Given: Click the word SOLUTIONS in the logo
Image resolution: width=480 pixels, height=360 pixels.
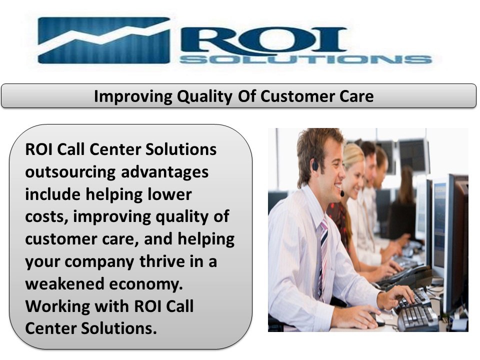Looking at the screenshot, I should [x=305, y=59].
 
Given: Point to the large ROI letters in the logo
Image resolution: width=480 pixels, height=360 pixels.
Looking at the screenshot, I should [x=265, y=38].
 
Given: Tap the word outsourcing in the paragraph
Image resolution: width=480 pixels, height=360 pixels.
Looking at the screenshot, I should [x=68, y=172].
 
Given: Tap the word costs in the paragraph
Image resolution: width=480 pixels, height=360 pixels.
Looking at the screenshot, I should [x=43, y=217].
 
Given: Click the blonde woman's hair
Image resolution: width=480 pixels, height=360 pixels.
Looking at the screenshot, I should [x=352, y=155].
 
